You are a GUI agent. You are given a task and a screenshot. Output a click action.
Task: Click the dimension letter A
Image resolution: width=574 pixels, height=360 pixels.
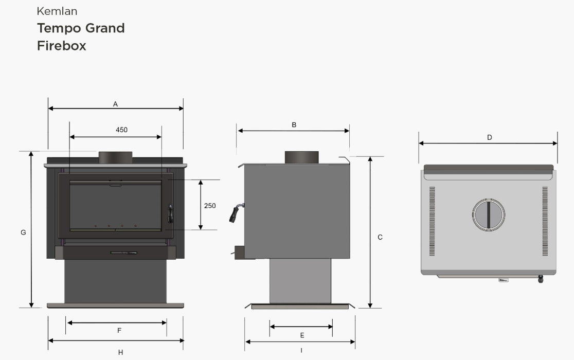pyautogui.click(x=116, y=104)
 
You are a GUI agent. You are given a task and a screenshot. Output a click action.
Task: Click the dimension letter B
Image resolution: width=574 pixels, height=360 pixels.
pyautogui.click(x=294, y=125)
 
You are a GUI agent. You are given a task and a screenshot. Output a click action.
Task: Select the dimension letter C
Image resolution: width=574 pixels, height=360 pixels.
pyautogui.click(x=380, y=237)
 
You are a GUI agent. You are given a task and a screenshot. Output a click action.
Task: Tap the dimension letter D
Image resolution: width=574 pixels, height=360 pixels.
pyautogui.click(x=490, y=137)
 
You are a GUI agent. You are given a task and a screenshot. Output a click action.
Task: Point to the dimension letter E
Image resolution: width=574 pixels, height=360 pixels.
pyautogui.click(x=302, y=335)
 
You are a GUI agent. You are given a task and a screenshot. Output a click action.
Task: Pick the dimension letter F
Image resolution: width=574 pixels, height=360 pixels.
pyautogui.click(x=119, y=331)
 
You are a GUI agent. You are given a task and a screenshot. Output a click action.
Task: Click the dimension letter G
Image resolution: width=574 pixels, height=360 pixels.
pyautogui.click(x=23, y=232)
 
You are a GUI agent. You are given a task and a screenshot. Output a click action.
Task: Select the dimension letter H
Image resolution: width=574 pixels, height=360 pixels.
pyautogui.click(x=120, y=352)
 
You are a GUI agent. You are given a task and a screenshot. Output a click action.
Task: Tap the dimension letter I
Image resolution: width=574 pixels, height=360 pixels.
pyautogui.click(x=301, y=350)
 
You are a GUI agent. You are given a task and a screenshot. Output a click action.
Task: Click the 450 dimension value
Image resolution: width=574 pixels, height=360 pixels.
pyautogui.click(x=121, y=130)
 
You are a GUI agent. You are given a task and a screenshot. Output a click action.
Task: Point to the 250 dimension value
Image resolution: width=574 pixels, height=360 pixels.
pyautogui.click(x=210, y=206)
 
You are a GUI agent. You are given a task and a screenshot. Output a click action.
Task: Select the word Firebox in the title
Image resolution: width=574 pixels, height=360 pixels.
pyautogui.click(x=61, y=46)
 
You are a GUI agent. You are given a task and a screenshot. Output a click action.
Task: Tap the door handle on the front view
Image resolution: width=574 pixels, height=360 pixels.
pyautogui.click(x=170, y=213)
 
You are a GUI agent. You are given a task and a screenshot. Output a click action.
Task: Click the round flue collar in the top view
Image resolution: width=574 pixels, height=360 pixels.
pyautogui.click(x=488, y=215)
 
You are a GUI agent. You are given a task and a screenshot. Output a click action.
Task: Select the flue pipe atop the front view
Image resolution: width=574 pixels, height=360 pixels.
pyautogui.click(x=115, y=157)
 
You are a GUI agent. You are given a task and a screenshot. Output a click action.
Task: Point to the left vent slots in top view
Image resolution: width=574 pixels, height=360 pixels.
pyautogui.click(x=432, y=221)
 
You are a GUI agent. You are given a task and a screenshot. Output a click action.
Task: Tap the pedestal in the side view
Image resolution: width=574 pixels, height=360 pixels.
pyautogui.click(x=300, y=280)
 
